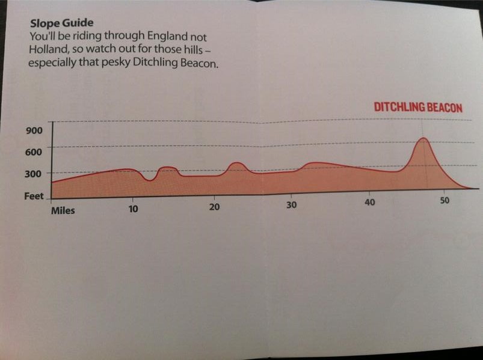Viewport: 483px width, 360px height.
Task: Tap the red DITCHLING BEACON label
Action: coord(418,108)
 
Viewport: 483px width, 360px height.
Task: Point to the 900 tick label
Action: coord(34,131)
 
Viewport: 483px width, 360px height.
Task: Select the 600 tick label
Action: coord(34,152)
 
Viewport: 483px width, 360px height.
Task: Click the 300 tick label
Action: coord(34,174)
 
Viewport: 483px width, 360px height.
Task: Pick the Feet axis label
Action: coord(33,196)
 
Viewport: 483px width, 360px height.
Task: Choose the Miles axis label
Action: coord(63,210)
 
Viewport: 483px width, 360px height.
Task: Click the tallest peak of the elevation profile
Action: coord(423,139)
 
